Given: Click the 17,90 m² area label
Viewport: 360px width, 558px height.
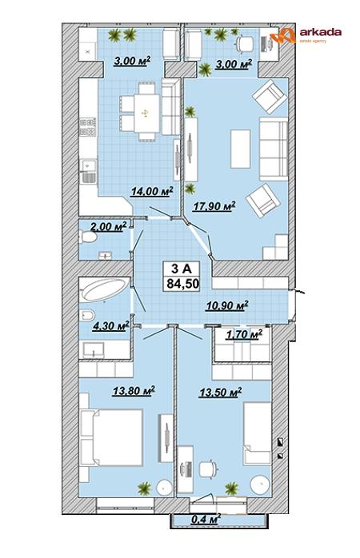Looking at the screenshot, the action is coord(214,205).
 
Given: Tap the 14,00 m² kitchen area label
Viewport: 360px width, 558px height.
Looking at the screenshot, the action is coord(152,191).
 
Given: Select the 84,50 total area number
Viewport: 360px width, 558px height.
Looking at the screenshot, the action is coord(182,284).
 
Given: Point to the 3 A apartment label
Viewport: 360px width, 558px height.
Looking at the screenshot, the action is coord(182,269).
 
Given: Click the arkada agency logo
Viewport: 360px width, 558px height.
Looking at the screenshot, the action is coord(305,35).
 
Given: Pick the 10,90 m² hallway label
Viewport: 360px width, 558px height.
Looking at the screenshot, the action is coord(226,305).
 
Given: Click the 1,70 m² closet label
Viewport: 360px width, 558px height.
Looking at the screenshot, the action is coord(244,334).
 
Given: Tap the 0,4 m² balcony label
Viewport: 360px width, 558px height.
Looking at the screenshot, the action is coord(206,519).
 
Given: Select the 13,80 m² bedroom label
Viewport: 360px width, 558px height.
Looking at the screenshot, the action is coord(134,391).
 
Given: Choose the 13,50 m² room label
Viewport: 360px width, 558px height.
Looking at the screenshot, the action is coord(221,393).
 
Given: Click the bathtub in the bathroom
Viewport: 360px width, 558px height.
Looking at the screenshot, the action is coord(106,289).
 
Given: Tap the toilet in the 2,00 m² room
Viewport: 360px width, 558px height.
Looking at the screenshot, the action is coord(87,237).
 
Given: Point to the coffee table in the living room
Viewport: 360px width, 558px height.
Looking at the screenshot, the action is coord(240,149).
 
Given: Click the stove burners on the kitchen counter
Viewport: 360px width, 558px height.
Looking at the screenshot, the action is coord(87,127).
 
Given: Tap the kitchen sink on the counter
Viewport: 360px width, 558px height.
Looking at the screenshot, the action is coord(87,171).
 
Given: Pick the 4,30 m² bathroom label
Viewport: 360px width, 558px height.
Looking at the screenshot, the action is coord(110,325).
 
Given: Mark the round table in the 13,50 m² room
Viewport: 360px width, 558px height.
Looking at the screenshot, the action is coord(261,484).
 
